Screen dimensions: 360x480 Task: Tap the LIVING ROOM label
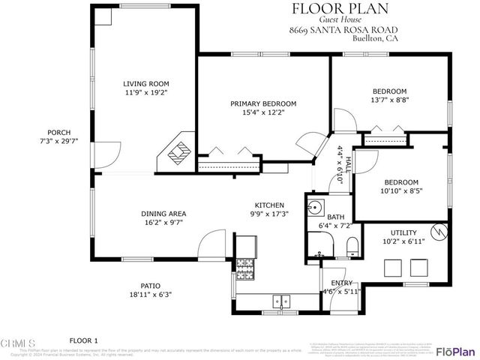coord(146,84)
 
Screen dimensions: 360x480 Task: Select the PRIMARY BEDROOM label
coord(263,103)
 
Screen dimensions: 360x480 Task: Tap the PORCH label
coord(58,132)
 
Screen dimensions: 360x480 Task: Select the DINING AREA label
coord(163,214)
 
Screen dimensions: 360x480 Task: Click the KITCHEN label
coord(268,205)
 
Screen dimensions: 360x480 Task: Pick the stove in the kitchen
coord(245,265)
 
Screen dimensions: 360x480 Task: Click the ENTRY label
coord(342,283)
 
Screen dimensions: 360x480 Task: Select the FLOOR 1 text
coord(85,340)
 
